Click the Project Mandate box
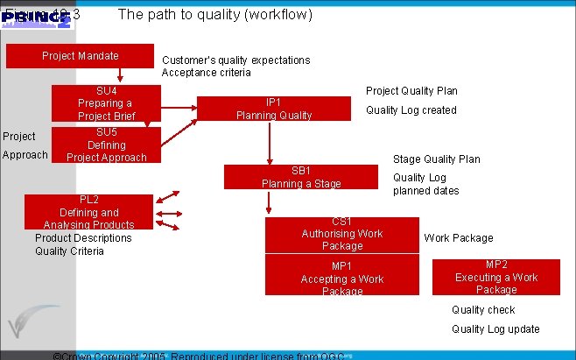(80, 56)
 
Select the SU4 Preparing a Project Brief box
(106, 103)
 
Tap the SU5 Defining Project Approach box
(106, 145)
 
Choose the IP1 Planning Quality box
(273, 108)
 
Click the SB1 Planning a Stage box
(300, 177)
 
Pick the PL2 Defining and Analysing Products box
(88, 212)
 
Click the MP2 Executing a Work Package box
(495, 277)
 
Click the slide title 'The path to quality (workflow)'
(214, 15)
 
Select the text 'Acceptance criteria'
(206, 73)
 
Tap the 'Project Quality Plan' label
(411, 91)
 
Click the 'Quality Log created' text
(411, 110)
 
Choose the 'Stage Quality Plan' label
(436, 159)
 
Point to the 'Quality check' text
(483, 310)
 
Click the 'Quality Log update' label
(495, 329)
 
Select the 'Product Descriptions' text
(83, 238)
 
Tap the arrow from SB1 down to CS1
(269, 203)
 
